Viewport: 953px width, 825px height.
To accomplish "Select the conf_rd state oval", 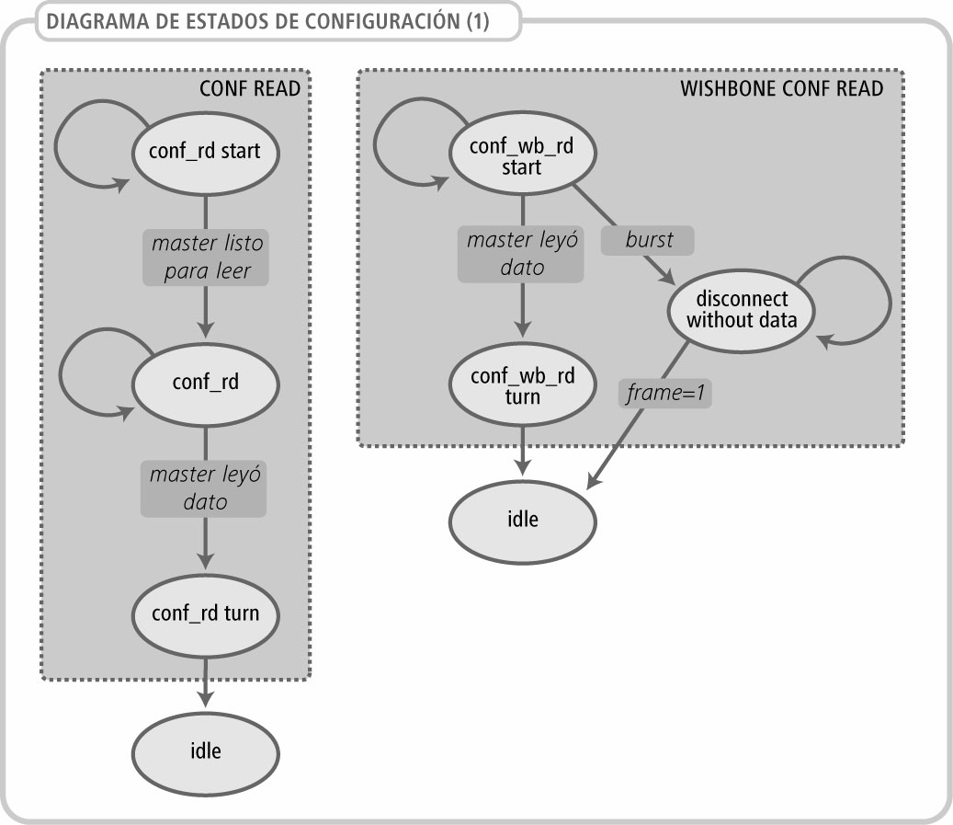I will [x=206, y=383].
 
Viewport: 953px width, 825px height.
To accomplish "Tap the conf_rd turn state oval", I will [x=206, y=613].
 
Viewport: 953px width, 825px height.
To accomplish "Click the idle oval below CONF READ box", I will [x=206, y=751].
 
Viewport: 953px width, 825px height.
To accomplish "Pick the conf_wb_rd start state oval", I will [x=522, y=157].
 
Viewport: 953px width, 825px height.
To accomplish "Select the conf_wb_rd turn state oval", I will [x=522, y=387].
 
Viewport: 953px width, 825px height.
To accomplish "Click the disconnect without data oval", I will [x=743, y=310].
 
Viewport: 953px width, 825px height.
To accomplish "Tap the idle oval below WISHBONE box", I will [x=522, y=518].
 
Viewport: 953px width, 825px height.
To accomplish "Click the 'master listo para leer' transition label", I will [x=207, y=258].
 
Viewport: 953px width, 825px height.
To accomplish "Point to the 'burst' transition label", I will [x=649, y=241].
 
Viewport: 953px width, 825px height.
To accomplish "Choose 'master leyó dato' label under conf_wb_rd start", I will [x=521, y=254].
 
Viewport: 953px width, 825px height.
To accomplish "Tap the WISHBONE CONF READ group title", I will [x=781, y=88].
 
